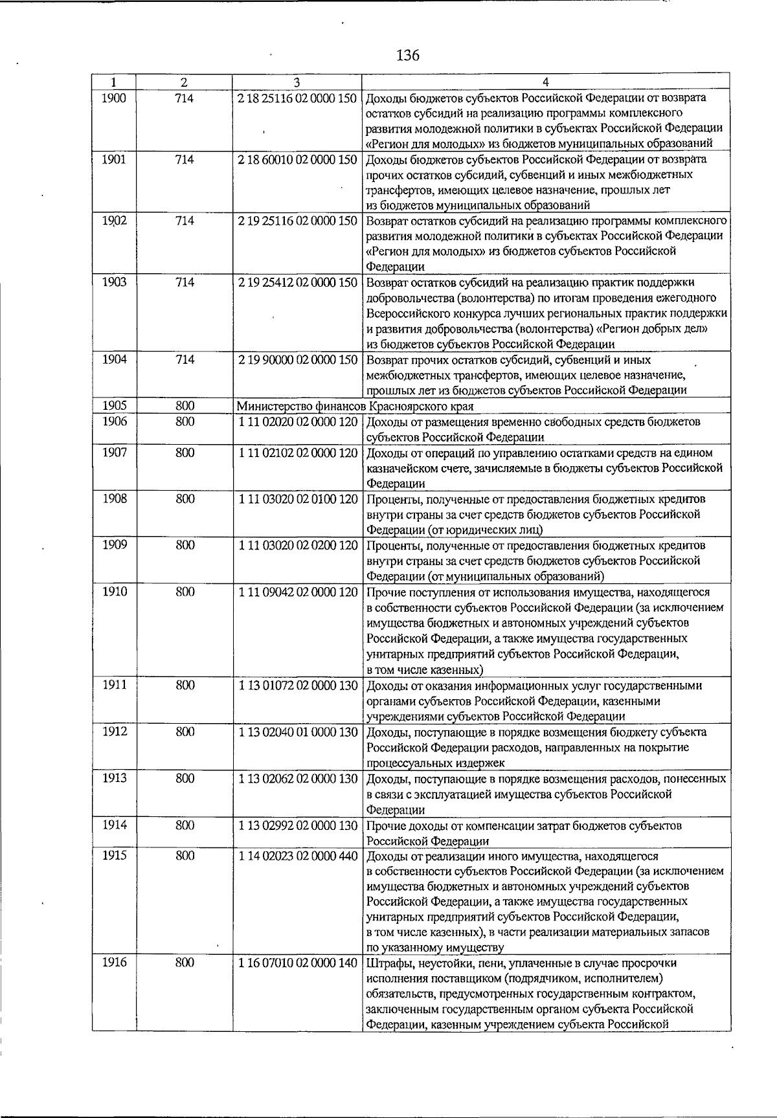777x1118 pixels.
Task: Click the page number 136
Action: click(407, 55)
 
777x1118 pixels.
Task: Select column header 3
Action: click(296, 82)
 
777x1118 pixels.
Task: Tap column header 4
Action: click(546, 82)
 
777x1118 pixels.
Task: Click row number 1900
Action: click(114, 98)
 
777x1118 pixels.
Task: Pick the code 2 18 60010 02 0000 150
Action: click(297, 159)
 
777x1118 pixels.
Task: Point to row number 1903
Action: click(114, 282)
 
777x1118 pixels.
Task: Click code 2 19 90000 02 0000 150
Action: click(297, 360)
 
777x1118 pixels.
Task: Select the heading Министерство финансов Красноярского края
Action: click(355, 407)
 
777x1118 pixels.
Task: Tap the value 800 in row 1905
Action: click(185, 407)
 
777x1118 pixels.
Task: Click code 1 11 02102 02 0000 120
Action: click(297, 453)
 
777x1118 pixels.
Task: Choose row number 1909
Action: click(114, 546)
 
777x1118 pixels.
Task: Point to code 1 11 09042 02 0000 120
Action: click(297, 592)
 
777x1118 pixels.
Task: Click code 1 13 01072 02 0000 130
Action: click(297, 686)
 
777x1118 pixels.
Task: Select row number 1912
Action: click(114, 732)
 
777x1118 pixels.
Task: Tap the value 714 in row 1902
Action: click(185, 221)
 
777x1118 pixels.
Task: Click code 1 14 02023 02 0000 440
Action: click(297, 856)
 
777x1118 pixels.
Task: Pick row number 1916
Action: click(114, 963)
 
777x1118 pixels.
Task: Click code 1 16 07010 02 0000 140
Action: click(297, 963)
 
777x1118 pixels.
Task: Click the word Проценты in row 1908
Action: click(390, 499)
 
